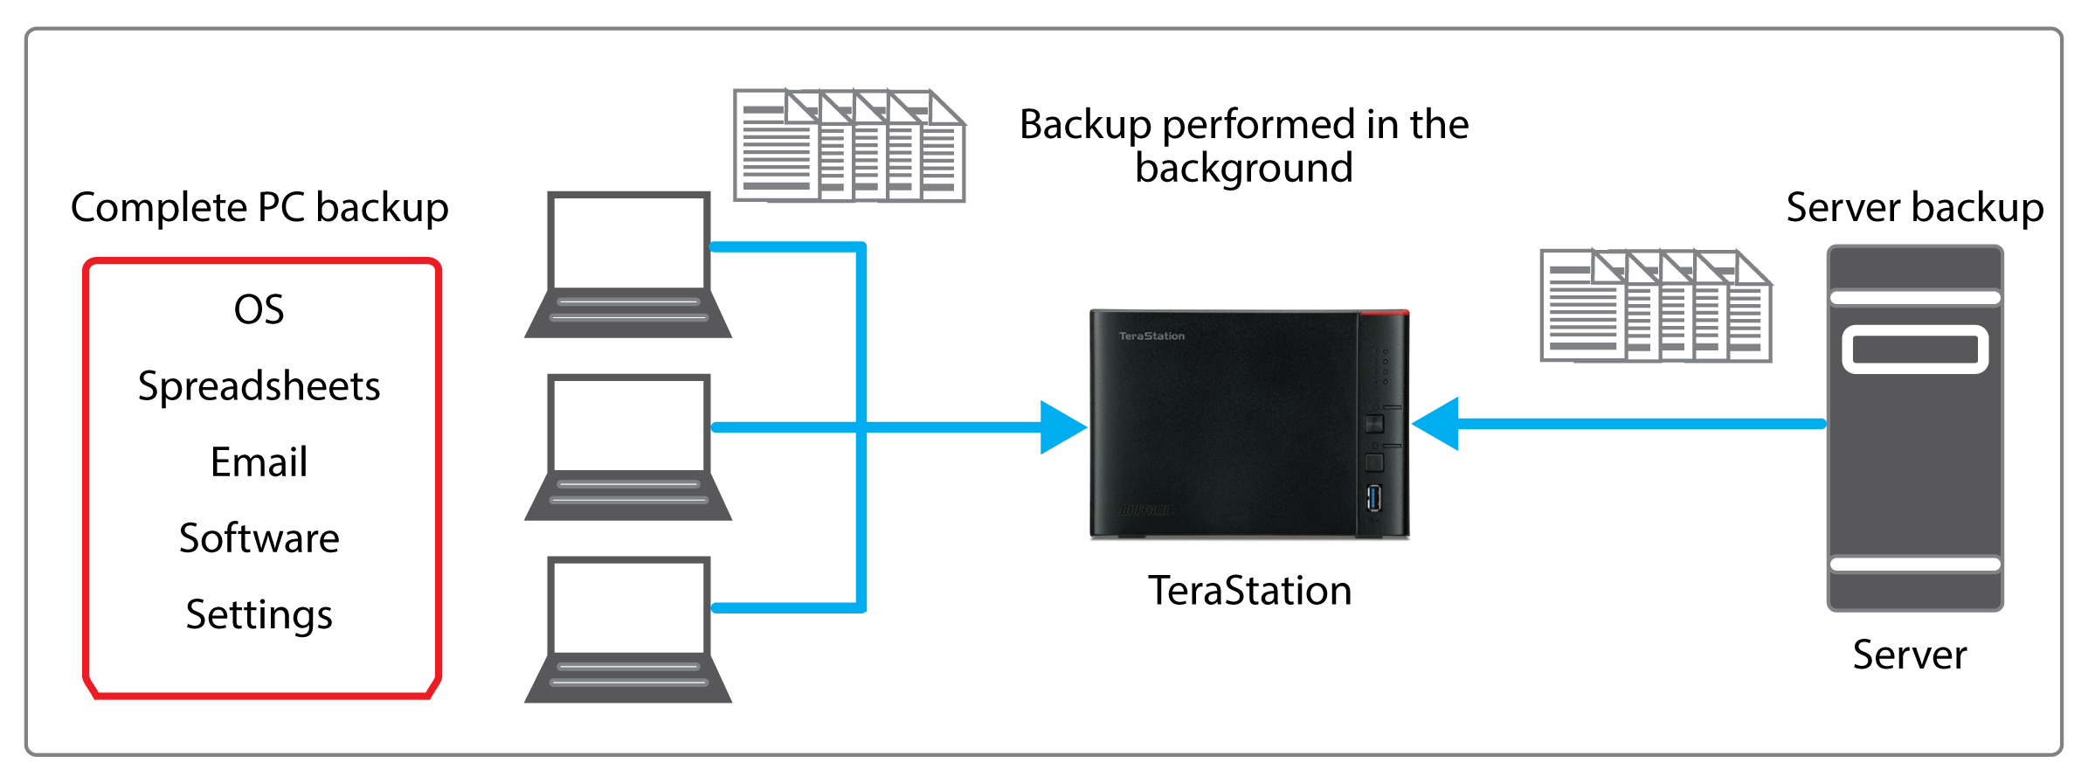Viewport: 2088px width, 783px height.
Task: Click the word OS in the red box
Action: click(x=259, y=310)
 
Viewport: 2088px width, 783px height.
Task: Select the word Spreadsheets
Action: click(x=259, y=386)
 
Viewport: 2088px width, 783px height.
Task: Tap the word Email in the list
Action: click(x=259, y=462)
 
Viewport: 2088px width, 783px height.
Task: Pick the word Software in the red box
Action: click(x=259, y=538)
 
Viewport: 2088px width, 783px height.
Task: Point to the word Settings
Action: click(x=259, y=614)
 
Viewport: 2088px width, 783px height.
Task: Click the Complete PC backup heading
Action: click(x=259, y=208)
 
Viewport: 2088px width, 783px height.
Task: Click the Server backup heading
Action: click(x=1915, y=208)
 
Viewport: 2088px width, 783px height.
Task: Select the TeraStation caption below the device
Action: click(x=1249, y=591)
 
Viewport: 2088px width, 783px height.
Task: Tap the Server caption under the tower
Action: click(x=1910, y=655)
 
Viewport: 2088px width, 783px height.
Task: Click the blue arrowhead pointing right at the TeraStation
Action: click(x=1061, y=427)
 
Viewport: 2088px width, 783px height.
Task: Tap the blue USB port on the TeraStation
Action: click(x=1374, y=498)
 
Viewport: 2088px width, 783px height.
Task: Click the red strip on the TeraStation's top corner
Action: click(x=1384, y=312)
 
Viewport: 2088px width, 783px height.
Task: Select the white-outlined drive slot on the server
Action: click(x=1915, y=350)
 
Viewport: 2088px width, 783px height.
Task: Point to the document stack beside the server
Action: click(x=1656, y=306)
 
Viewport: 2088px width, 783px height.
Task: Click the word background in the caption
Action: click(x=1244, y=168)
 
